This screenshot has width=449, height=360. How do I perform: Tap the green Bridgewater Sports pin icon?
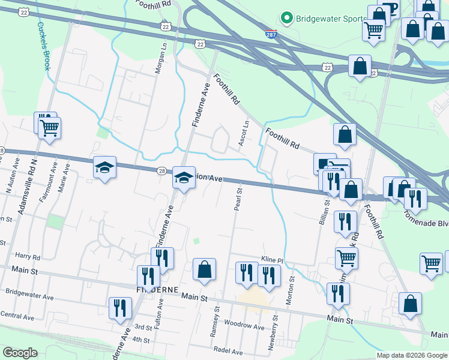pyautogui.click(x=287, y=18)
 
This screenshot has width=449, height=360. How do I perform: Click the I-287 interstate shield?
pyautogui.click(x=271, y=34)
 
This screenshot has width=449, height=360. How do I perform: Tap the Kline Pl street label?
pyautogui.click(x=271, y=259)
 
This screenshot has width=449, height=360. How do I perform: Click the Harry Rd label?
pyautogui.click(x=28, y=257)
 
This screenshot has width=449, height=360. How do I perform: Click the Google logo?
pyautogui.click(x=20, y=353)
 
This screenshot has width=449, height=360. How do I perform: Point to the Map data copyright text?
pyautogui.click(x=411, y=355)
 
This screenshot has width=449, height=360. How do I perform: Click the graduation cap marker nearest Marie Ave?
pyautogui.click(x=104, y=169)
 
